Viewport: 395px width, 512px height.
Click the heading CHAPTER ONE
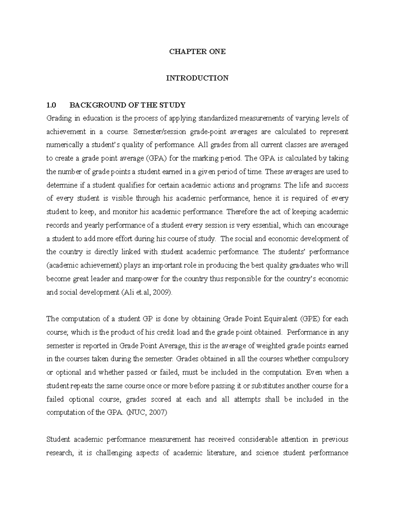[197, 52]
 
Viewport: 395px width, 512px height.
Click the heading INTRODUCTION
[197, 78]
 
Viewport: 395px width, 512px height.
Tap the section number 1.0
[51, 105]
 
